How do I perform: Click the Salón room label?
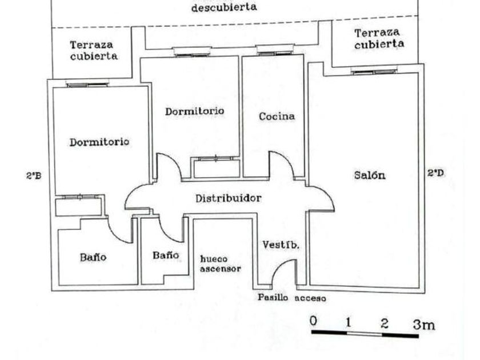(370, 175)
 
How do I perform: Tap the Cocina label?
(277, 117)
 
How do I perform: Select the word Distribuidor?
(229, 199)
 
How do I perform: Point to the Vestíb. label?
(281, 245)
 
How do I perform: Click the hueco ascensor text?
(221, 263)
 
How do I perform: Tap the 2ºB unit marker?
(33, 176)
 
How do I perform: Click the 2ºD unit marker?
(436, 172)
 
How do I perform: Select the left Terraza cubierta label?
(94, 50)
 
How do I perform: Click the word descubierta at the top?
(223, 8)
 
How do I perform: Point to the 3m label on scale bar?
(424, 325)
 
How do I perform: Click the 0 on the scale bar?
(313, 321)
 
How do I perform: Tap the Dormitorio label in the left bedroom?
(99, 142)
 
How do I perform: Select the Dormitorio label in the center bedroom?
(195, 111)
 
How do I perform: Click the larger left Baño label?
(93, 257)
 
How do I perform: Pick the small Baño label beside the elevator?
(166, 255)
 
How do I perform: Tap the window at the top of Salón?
(374, 71)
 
